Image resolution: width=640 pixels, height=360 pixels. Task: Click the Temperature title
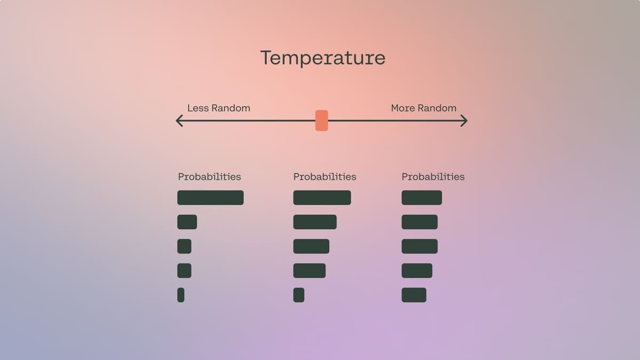(x=323, y=58)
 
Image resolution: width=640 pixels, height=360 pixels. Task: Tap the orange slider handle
(x=322, y=121)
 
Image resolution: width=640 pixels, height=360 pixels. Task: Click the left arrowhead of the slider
(x=180, y=121)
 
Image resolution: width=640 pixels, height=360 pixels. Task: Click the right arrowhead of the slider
(x=463, y=121)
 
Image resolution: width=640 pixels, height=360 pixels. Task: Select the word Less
(x=198, y=108)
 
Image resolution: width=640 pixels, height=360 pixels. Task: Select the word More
(x=403, y=108)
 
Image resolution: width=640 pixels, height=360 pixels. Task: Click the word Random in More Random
(x=437, y=108)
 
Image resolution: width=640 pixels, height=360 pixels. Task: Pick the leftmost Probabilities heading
(x=209, y=177)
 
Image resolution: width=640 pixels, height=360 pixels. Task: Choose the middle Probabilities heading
(x=324, y=177)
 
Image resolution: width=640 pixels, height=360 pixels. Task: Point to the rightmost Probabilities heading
(x=433, y=177)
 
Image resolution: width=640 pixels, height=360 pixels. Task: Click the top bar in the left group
(x=210, y=197)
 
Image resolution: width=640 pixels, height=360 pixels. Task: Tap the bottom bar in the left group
(x=181, y=295)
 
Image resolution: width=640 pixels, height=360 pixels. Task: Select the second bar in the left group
(x=187, y=222)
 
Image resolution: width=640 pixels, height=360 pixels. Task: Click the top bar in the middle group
(x=322, y=197)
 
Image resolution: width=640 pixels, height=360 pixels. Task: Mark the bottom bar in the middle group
(x=299, y=295)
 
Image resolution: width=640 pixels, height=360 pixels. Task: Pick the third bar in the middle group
(x=311, y=246)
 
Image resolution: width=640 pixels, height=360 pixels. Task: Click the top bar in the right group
(x=421, y=197)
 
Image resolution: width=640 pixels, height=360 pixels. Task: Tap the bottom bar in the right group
(x=414, y=295)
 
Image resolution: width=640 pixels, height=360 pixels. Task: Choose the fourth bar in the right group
(x=417, y=270)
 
